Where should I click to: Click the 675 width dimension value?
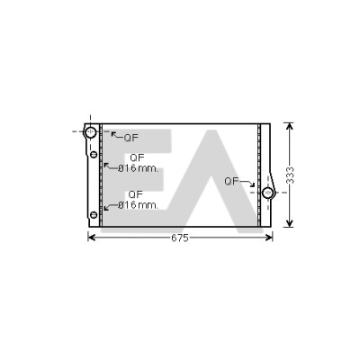click(180, 238)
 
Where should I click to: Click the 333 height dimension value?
click(290, 175)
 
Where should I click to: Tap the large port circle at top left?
click(90, 132)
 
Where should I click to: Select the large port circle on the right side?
click(268, 193)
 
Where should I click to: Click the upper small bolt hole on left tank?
click(94, 155)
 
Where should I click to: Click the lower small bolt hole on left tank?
click(94, 215)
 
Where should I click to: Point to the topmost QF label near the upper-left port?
click(131, 138)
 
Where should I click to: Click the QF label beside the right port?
click(232, 181)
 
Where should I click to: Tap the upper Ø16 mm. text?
click(138, 168)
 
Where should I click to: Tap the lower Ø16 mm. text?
click(138, 205)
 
